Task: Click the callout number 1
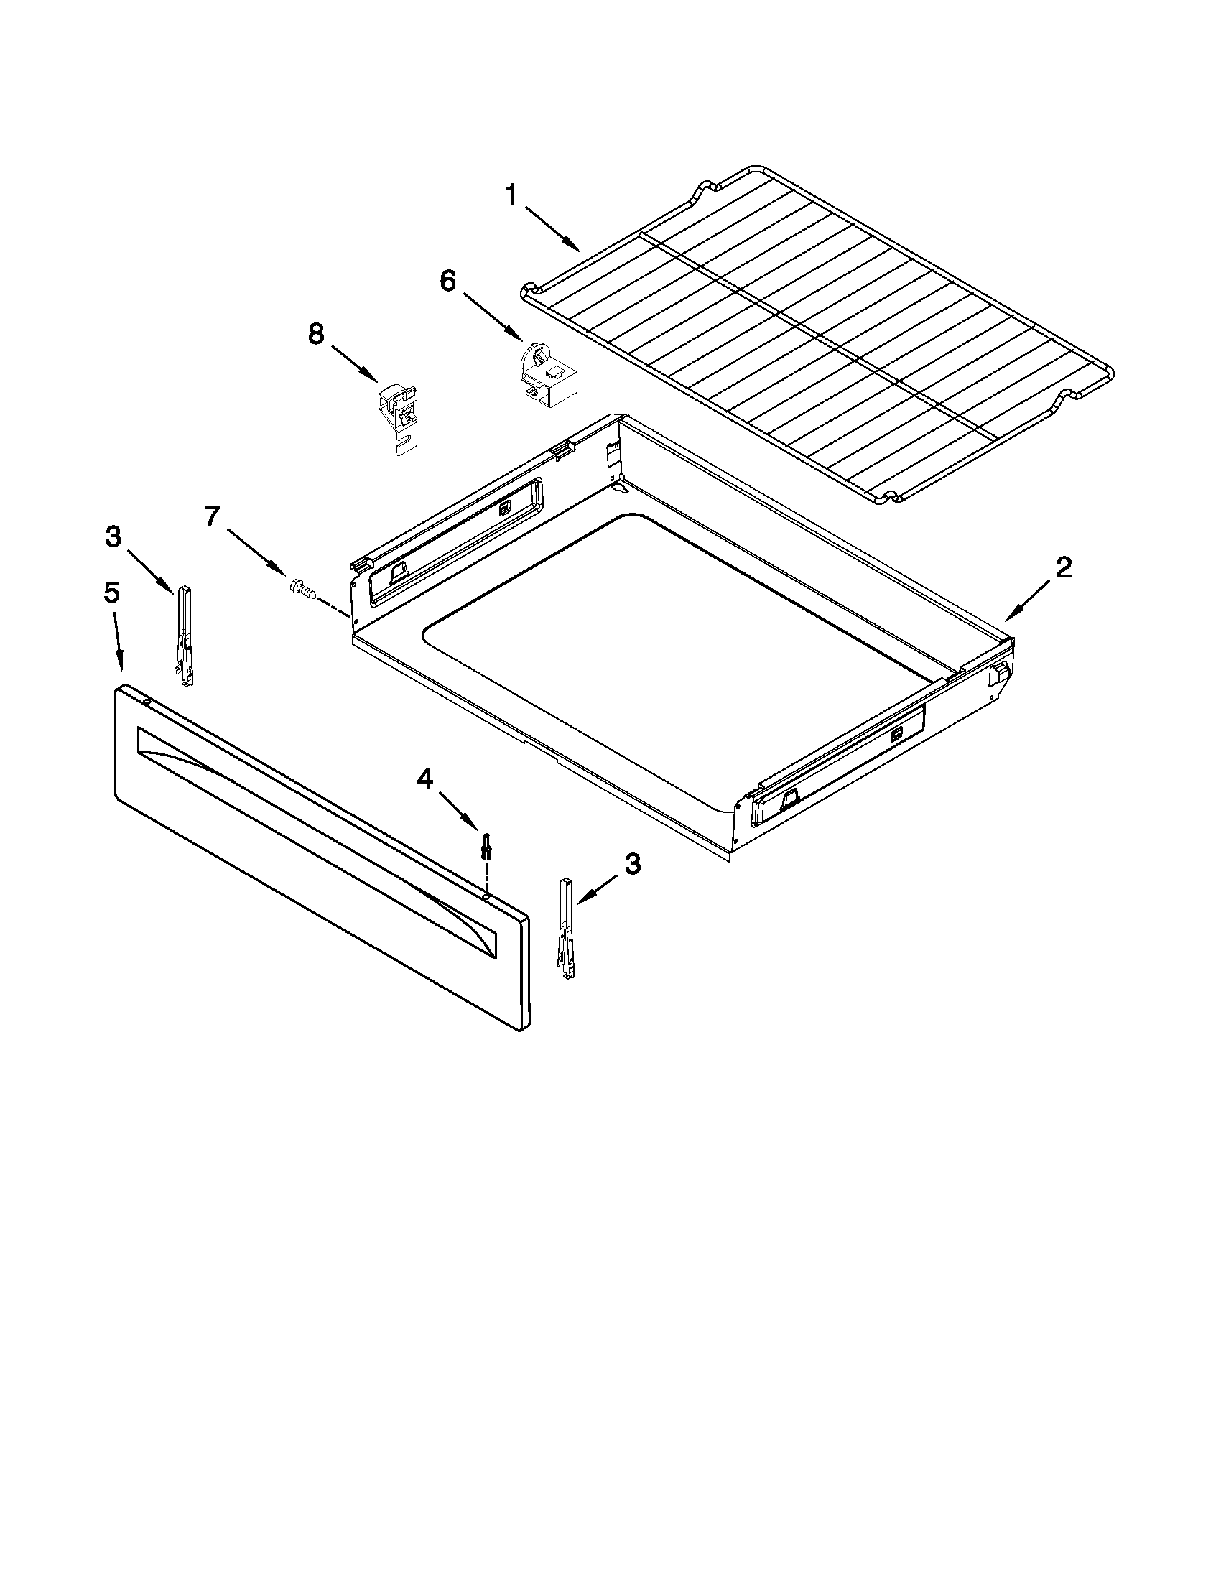[511, 195]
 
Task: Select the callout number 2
[1062, 568]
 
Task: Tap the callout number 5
[111, 592]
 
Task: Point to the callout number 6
[448, 281]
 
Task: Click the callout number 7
[211, 517]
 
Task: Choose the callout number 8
[316, 334]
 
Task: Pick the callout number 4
[424, 779]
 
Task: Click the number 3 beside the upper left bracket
[113, 536]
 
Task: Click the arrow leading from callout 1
[554, 229]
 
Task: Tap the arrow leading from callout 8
[354, 364]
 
